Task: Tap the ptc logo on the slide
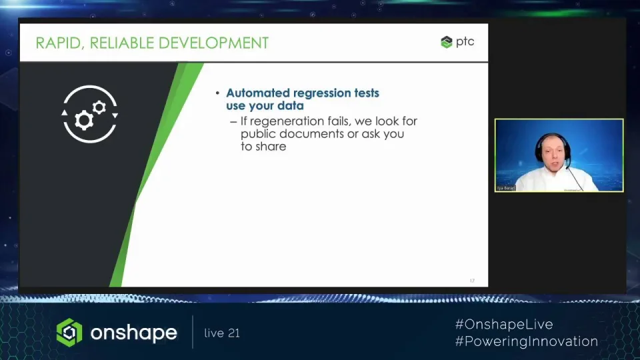457,42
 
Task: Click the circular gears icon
90,114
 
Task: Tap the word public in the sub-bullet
259,134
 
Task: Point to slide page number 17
472,281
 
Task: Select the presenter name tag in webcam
506,188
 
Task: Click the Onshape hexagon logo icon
69,332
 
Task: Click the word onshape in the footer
134,333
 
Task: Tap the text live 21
222,333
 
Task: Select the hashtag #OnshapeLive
504,325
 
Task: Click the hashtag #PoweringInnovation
526,341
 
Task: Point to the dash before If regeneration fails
233,122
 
